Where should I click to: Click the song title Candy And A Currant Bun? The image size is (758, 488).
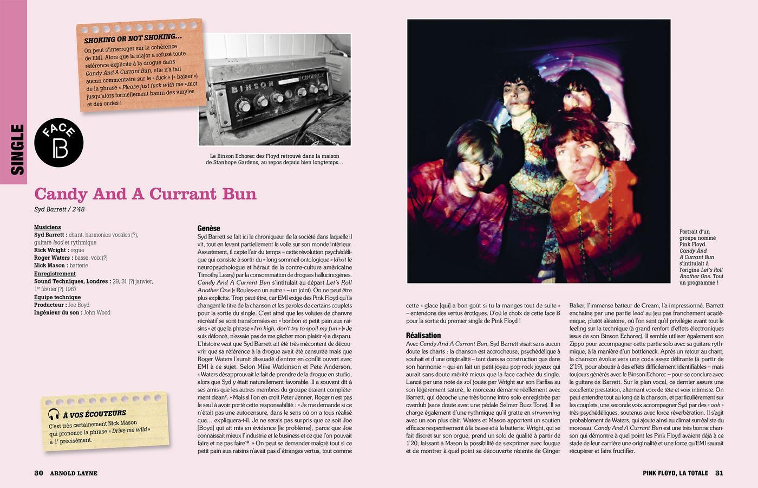tap(145, 194)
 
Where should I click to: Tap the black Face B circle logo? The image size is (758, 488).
tap(59, 143)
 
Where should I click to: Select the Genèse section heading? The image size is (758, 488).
tap(209, 228)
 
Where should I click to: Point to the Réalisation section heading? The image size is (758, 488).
tap(423, 335)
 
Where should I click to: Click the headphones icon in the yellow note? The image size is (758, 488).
tap(53, 415)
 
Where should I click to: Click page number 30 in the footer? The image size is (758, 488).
tap(38, 473)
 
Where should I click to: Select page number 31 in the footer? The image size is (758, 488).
tap(719, 473)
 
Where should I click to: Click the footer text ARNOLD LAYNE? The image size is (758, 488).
tap(74, 473)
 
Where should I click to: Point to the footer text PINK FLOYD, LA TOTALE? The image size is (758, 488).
tap(675, 473)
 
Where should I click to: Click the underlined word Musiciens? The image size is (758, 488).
tap(48, 227)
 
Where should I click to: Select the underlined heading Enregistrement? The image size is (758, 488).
tap(55, 274)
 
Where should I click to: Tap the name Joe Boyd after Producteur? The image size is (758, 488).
tap(79, 305)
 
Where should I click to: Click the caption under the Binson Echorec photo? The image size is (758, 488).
tap(275, 159)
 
